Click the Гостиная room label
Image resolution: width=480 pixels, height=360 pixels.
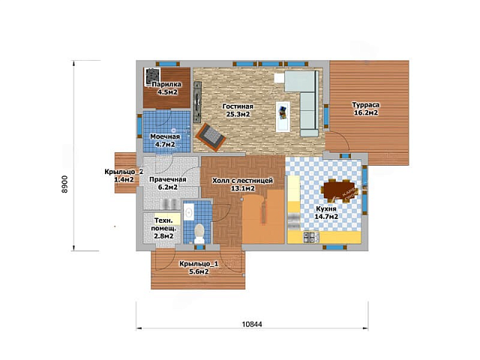(x=238, y=106)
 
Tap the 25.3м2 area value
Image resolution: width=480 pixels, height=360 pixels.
(x=238, y=115)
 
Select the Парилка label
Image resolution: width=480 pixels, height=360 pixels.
(x=166, y=85)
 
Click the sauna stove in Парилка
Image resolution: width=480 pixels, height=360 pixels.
(x=153, y=76)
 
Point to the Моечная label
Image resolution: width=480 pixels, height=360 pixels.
(x=165, y=136)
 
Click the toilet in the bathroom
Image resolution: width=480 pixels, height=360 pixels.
(x=199, y=233)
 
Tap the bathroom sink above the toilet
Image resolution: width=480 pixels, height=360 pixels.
(x=188, y=211)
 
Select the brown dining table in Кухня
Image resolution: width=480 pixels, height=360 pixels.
(x=339, y=190)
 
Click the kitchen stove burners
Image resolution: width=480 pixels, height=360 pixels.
(x=310, y=237)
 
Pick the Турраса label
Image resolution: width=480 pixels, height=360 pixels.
(x=366, y=105)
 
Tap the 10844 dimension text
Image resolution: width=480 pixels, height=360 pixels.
(x=252, y=324)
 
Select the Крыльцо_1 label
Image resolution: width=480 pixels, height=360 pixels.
(x=199, y=263)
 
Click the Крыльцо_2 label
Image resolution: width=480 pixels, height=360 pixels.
(x=124, y=172)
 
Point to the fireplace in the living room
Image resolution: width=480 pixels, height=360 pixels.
(x=211, y=137)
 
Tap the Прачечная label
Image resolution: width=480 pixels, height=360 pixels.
(x=168, y=179)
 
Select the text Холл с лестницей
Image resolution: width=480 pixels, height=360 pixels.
(x=243, y=181)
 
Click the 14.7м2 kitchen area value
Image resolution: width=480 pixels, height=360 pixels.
(x=326, y=217)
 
